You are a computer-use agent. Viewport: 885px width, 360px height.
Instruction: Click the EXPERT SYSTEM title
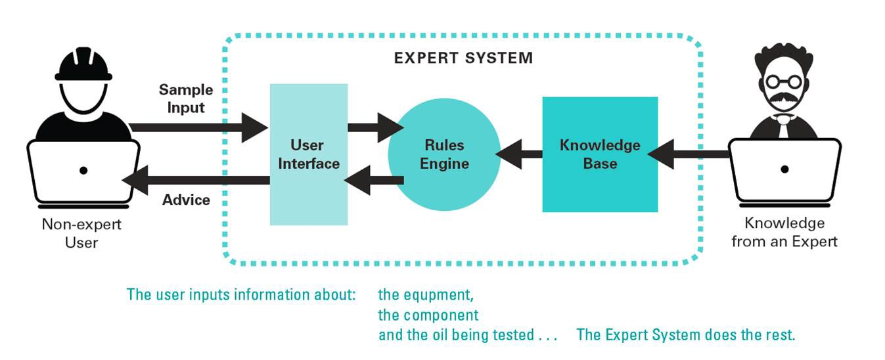[x=463, y=58]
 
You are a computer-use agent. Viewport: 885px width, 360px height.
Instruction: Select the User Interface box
[x=309, y=154]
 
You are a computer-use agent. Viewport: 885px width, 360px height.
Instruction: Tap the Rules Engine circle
[x=444, y=154]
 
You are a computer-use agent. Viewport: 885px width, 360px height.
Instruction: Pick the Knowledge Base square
[x=600, y=154]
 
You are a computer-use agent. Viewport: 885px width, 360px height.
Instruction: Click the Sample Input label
[x=186, y=98]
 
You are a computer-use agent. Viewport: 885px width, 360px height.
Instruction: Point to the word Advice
[x=186, y=200]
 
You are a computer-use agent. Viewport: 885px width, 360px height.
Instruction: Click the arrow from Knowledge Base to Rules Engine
[x=519, y=155]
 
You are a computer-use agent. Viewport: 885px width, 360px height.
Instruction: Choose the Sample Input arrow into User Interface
[x=197, y=127]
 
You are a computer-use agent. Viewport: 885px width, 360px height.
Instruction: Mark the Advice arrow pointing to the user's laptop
[x=197, y=179]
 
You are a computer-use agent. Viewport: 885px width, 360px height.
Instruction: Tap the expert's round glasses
[x=784, y=81]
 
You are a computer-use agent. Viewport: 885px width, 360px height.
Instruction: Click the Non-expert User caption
[x=81, y=233]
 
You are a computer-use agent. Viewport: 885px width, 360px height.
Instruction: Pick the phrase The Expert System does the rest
[x=685, y=335]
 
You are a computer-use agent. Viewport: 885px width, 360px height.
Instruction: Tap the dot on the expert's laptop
[x=784, y=169]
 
